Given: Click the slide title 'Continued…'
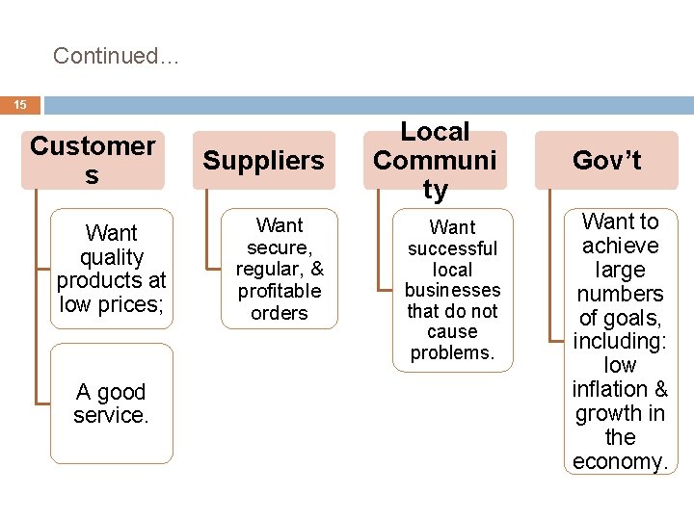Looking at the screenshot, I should click(x=116, y=56).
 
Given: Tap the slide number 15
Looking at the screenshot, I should click(x=20, y=104).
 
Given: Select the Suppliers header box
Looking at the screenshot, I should click(x=263, y=160).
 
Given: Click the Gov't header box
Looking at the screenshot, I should click(x=606, y=160).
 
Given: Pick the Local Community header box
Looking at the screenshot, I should click(x=435, y=160).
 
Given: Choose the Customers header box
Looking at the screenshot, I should click(x=93, y=160).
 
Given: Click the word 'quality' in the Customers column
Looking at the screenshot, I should click(x=111, y=257).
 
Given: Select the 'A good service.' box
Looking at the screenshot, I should click(x=111, y=403).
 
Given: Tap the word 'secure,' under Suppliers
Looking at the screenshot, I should click(x=280, y=247).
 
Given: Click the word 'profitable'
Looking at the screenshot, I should click(x=280, y=291).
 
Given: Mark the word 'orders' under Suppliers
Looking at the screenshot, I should click(x=280, y=313).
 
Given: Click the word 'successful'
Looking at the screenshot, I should click(x=452, y=248).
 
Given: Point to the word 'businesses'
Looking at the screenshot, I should click(x=452, y=290).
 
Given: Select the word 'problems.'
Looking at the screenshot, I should click(x=452, y=352).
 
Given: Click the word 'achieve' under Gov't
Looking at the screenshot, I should click(x=620, y=246).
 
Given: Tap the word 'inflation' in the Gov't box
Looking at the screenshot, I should click(x=606, y=389).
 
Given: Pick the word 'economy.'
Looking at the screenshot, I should click(x=620, y=461).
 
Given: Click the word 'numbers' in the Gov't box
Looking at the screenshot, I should click(x=620, y=294).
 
